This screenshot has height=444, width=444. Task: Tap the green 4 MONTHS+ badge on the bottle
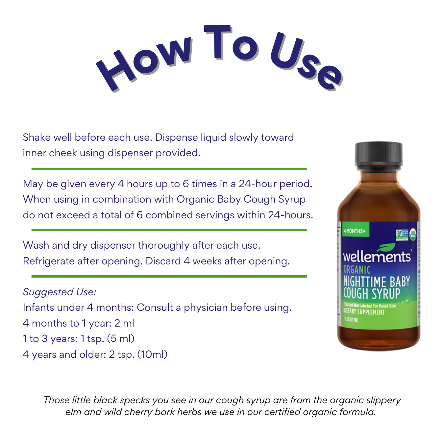tap(355, 231)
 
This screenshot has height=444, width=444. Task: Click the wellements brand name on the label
tap(377, 257)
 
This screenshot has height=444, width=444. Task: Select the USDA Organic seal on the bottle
tap(413, 234)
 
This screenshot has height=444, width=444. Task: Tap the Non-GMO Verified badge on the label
tap(402, 234)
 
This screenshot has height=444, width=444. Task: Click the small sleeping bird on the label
tap(408, 298)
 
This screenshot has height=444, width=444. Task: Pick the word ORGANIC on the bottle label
tap(357, 270)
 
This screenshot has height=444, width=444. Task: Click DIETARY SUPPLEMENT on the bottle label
tap(364, 311)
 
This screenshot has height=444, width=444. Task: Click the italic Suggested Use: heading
tap(60, 292)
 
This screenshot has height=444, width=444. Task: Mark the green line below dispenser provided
tap(169, 169)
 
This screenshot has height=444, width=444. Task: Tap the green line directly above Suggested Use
tap(169, 277)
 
